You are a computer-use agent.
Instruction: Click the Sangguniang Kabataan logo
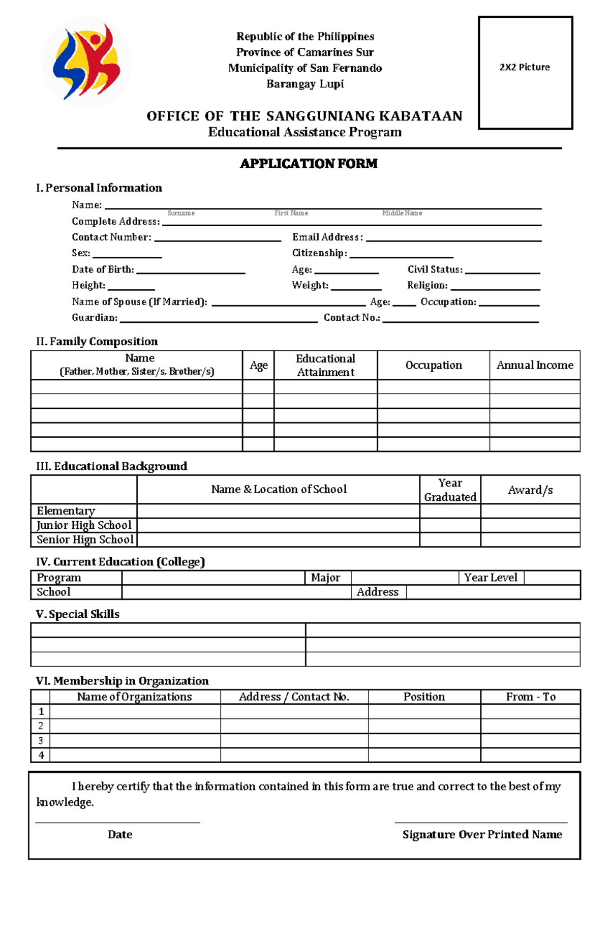pyautogui.click(x=87, y=62)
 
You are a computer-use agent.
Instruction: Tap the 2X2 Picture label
pyautogui.click(x=525, y=67)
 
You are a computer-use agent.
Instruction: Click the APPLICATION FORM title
pyautogui.click(x=309, y=163)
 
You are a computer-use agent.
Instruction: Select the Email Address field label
pyautogui.click(x=327, y=237)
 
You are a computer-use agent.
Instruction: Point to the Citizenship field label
pyautogui.click(x=319, y=253)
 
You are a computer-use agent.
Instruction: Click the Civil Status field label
pyautogui.click(x=435, y=269)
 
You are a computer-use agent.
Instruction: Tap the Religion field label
pyautogui.click(x=427, y=285)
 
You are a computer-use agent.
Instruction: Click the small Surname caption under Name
pyautogui.click(x=181, y=213)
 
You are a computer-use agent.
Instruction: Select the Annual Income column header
pyautogui.click(x=535, y=365)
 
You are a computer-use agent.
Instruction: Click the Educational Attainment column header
pyautogui.click(x=325, y=365)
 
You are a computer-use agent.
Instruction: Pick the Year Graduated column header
pyautogui.click(x=450, y=490)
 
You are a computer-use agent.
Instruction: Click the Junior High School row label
pyautogui.click(x=84, y=525)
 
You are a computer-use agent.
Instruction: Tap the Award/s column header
pyautogui.click(x=530, y=490)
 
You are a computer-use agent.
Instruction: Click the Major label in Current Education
pyautogui.click(x=325, y=578)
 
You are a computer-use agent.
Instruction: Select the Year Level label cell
pyautogui.click(x=491, y=578)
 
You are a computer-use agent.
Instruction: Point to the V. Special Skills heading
pyautogui.click(x=78, y=614)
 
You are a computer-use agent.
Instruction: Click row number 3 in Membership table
pyautogui.click(x=41, y=740)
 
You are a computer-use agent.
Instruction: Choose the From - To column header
pyautogui.click(x=531, y=697)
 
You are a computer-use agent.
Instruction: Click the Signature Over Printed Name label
pyautogui.click(x=482, y=834)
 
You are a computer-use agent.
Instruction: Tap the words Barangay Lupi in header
pyautogui.click(x=305, y=84)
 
